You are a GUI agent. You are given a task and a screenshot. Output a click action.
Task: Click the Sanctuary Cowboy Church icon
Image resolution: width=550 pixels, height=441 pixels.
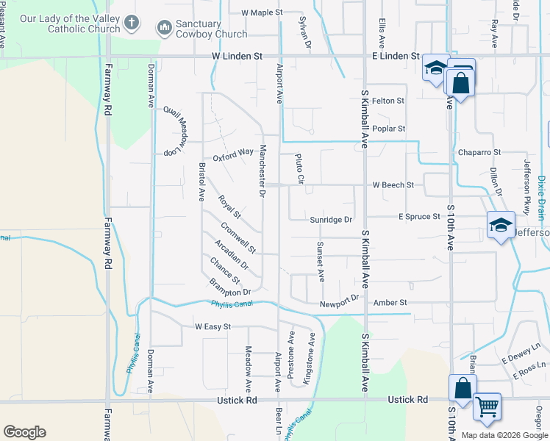tap(163, 29)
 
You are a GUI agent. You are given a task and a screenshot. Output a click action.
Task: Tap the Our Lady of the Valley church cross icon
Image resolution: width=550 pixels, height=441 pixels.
tap(132, 23)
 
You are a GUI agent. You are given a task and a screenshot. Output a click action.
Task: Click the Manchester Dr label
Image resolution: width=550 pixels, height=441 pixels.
tap(261, 171)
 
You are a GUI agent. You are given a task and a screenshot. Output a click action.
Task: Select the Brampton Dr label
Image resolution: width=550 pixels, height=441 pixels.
tap(224, 287)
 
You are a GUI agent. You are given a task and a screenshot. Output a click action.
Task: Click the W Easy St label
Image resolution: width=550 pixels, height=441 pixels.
tap(213, 326)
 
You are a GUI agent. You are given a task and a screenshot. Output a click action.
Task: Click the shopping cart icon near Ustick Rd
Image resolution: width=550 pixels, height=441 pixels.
tap(487, 405)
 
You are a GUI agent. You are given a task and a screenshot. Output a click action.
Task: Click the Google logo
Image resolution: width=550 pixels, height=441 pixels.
tap(24, 432)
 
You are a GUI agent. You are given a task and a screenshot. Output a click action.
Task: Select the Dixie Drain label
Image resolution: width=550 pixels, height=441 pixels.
tap(541, 197)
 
